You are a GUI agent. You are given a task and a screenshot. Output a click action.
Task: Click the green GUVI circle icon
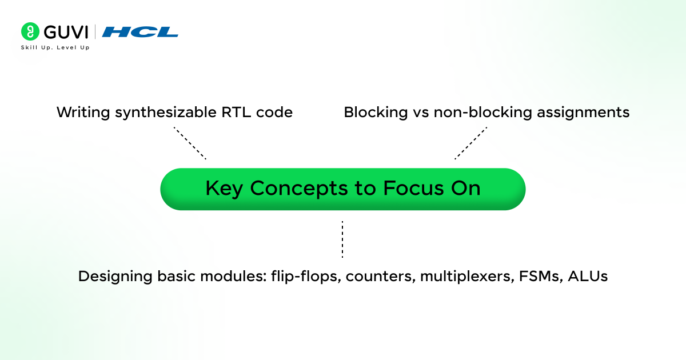[30, 31]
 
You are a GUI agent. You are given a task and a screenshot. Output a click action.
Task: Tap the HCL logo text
[140, 32]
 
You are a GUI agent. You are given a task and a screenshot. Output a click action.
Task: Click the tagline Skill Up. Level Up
[55, 47]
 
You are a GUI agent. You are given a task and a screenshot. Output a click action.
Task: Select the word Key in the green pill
[224, 189]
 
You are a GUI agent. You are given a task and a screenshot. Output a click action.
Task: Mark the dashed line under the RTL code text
[190, 143]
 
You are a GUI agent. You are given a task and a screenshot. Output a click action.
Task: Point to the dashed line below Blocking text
[471, 143]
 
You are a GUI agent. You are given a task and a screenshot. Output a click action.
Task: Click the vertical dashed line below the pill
[342, 239]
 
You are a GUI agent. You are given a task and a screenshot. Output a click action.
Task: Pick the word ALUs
[587, 277]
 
